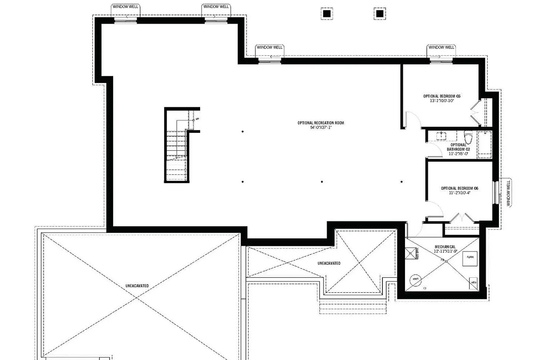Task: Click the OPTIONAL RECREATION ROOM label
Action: [320, 123]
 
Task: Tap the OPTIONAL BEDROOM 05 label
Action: [442, 96]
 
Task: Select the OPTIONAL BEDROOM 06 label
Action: [460, 188]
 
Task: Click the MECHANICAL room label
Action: [445, 247]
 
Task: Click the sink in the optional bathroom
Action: [441, 135]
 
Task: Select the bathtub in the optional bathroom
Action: [485, 145]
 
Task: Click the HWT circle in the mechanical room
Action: [415, 279]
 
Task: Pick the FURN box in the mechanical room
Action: [470, 257]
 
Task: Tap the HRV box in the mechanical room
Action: [474, 283]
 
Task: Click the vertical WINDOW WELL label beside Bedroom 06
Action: [508, 193]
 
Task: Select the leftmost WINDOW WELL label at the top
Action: [125, 6]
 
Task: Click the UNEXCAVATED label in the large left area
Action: [137, 286]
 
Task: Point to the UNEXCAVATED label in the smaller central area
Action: [329, 263]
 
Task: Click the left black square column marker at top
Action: [327, 14]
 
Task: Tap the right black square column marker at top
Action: [379, 14]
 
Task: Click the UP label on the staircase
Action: [197, 119]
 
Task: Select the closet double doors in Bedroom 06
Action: [462, 218]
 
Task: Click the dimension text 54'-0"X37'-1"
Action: [320, 127]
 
